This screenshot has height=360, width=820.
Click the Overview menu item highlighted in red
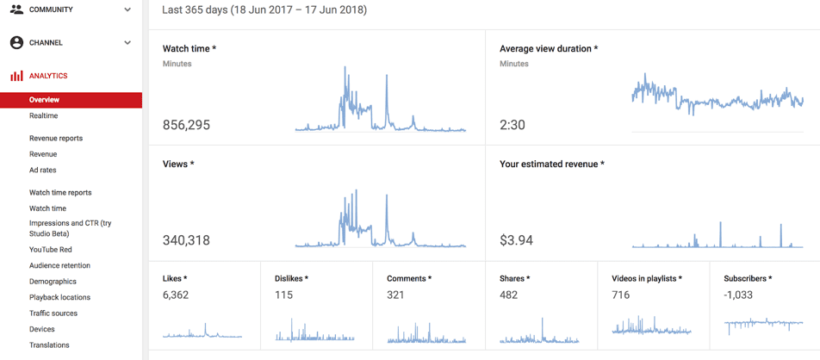(45, 100)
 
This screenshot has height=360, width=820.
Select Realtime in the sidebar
(44, 115)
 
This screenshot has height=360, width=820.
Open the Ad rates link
(43, 170)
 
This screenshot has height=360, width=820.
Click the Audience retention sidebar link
(59, 265)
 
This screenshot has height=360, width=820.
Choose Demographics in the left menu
(53, 282)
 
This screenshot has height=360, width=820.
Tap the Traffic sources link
(53, 313)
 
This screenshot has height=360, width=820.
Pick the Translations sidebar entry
(49, 344)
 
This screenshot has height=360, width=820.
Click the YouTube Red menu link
(51, 250)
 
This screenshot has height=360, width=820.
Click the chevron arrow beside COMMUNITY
(127, 10)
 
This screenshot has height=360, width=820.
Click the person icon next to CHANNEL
(16, 42)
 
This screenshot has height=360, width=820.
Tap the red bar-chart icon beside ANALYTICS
(16, 76)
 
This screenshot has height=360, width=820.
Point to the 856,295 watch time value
(186, 125)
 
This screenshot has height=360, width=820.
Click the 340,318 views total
(186, 240)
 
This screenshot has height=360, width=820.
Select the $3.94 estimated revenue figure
(516, 240)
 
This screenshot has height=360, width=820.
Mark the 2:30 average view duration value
(512, 125)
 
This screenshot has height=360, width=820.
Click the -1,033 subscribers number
(738, 295)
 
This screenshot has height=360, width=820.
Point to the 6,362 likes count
(176, 295)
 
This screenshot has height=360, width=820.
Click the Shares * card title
(515, 278)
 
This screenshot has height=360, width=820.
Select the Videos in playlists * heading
(647, 278)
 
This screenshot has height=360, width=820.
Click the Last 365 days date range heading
(264, 10)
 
